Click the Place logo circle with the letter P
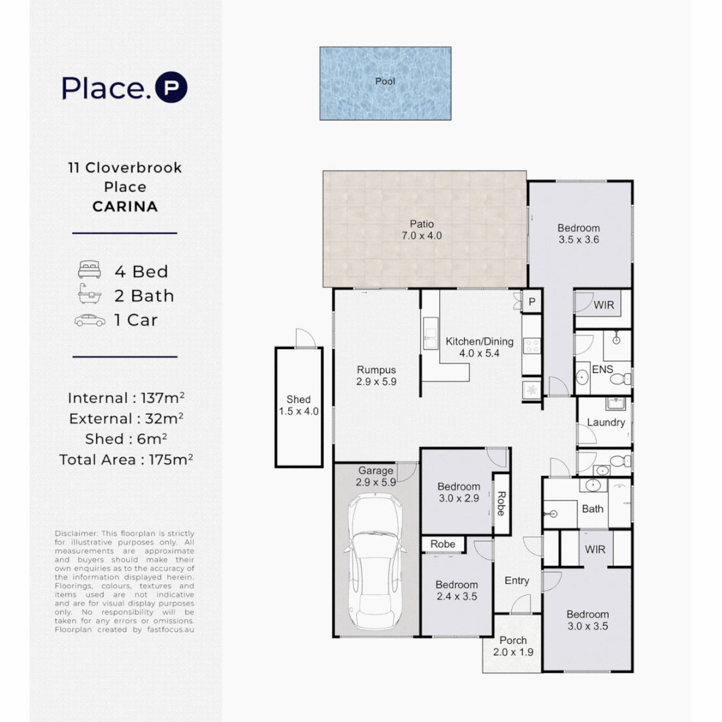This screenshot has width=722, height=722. pos(171,88)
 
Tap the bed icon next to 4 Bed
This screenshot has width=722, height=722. pos(90,271)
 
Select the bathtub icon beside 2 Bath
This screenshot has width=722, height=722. pos(90,295)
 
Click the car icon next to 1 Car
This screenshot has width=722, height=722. pos(90,320)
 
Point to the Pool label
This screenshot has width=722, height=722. pos(385,82)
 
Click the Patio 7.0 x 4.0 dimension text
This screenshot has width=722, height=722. pos(422,236)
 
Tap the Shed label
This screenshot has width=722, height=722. pos(299,400)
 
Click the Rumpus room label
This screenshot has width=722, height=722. pos(376,370)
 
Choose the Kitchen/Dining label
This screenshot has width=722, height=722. pos(479,342)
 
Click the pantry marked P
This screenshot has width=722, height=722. pos(533,302)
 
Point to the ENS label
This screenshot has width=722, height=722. pos(602,368)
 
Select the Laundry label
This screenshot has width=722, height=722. pos(606,423)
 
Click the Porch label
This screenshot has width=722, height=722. pos(513,640)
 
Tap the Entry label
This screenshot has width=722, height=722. pos(517,581)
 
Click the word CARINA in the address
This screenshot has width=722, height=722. pos(125,207)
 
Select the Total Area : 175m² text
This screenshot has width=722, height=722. pos(126,459)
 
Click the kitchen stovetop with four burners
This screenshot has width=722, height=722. pos(531,346)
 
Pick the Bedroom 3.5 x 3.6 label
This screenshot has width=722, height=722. pos(579,228)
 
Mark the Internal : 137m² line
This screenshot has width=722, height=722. pos(126,398)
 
